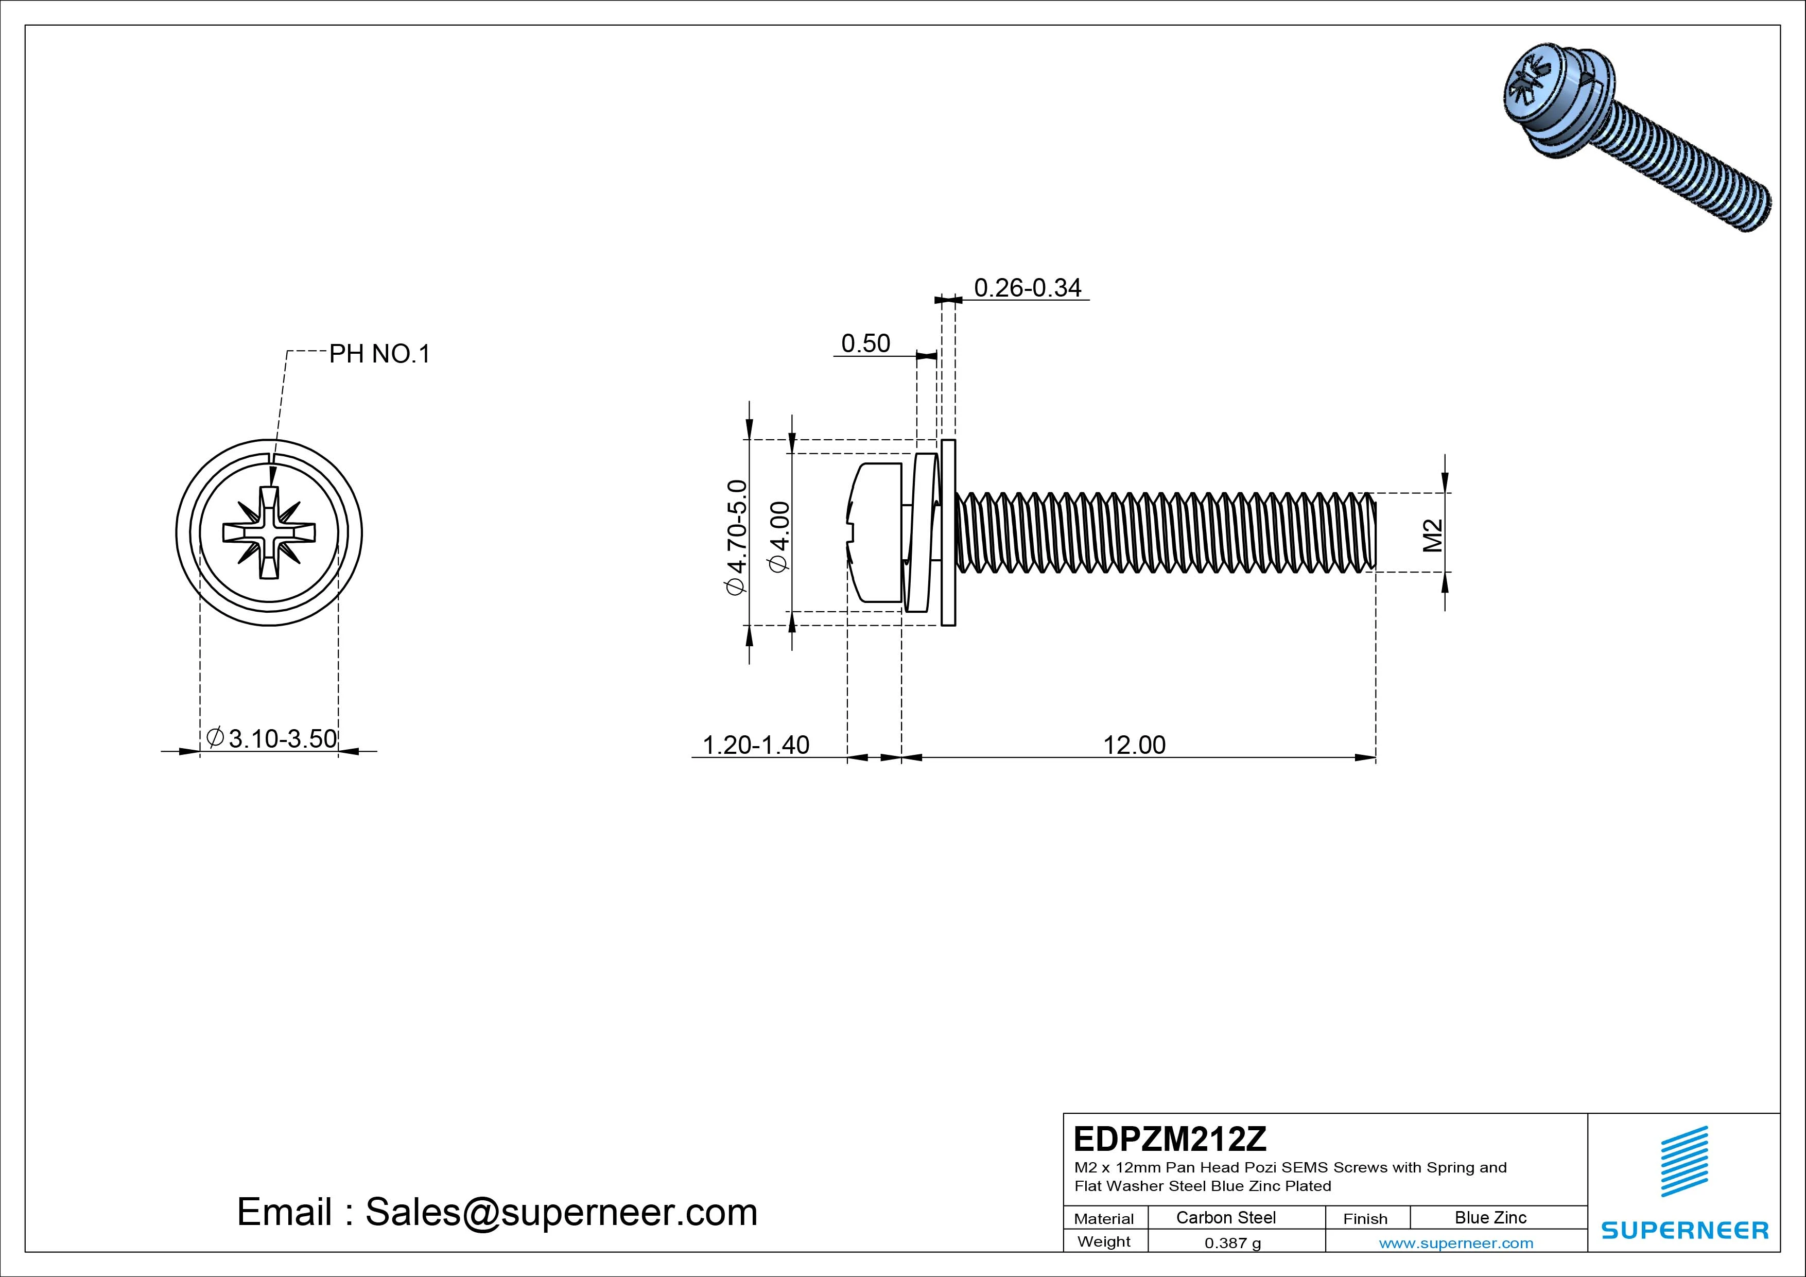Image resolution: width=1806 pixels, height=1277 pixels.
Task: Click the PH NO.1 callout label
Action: pos(379,354)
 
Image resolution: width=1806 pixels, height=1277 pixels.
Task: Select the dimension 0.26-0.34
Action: pos(1027,288)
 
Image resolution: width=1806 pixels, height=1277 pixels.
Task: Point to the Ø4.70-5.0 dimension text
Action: pos(736,538)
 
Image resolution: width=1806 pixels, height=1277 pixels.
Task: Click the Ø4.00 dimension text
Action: pos(779,538)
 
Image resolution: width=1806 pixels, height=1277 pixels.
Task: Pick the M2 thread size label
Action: pos(1433,535)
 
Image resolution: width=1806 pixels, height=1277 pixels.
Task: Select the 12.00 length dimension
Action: pos(1134,745)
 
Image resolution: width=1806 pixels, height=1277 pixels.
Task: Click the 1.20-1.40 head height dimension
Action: pos(755,745)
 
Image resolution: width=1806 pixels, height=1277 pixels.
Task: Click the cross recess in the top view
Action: pos(269,532)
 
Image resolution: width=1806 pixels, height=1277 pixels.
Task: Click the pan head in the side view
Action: pos(875,532)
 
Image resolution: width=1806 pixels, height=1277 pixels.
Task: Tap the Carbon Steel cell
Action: pos(1225,1217)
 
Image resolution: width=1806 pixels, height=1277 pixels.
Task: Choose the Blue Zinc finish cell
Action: pos(1490,1217)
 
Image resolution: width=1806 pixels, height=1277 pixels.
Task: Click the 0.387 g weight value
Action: pos(1232,1243)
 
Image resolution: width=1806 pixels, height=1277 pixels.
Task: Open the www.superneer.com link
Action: pos(1455,1243)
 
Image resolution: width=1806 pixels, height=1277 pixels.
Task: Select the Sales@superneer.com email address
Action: pos(560,1213)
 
